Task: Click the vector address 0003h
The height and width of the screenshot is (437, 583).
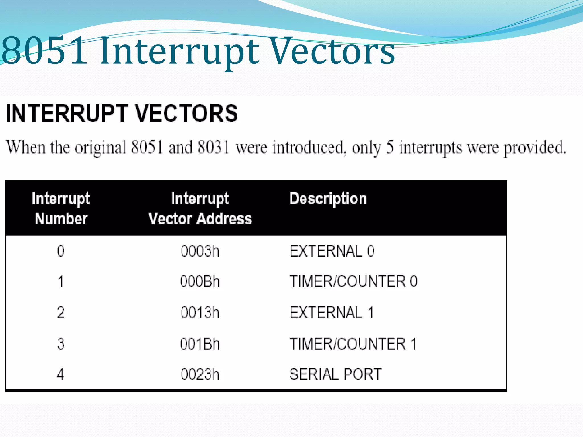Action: pyautogui.click(x=200, y=251)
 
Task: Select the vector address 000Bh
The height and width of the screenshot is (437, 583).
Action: pyautogui.click(x=200, y=282)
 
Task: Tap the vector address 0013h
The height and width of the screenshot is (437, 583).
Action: pyautogui.click(x=200, y=313)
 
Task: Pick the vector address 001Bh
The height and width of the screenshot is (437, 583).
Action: pyautogui.click(x=200, y=344)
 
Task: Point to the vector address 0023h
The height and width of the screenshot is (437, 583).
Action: pyautogui.click(x=200, y=374)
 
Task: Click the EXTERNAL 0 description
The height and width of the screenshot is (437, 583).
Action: pyautogui.click(x=332, y=251)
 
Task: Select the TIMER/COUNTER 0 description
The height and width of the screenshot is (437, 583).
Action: pyautogui.click(x=353, y=282)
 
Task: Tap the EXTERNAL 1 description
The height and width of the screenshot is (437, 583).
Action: pyautogui.click(x=332, y=313)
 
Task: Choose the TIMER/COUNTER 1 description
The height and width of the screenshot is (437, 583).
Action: pyautogui.click(x=353, y=344)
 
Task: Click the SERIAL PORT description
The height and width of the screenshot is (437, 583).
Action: pyautogui.click(x=335, y=374)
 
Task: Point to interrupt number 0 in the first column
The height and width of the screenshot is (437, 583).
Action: pyautogui.click(x=61, y=251)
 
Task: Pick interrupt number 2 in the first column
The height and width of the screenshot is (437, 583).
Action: pyautogui.click(x=61, y=313)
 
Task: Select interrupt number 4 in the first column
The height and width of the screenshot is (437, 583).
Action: pyautogui.click(x=60, y=374)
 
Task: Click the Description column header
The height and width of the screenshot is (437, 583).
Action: pyautogui.click(x=328, y=199)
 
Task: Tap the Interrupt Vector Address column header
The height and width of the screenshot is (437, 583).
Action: pyautogui.click(x=200, y=209)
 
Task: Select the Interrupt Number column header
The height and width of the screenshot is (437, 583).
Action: pyautogui.click(x=61, y=209)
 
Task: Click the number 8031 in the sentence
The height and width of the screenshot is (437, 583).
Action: pyautogui.click(x=214, y=147)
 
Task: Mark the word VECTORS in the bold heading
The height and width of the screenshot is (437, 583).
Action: pyautogui.click(x=186, y=113)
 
